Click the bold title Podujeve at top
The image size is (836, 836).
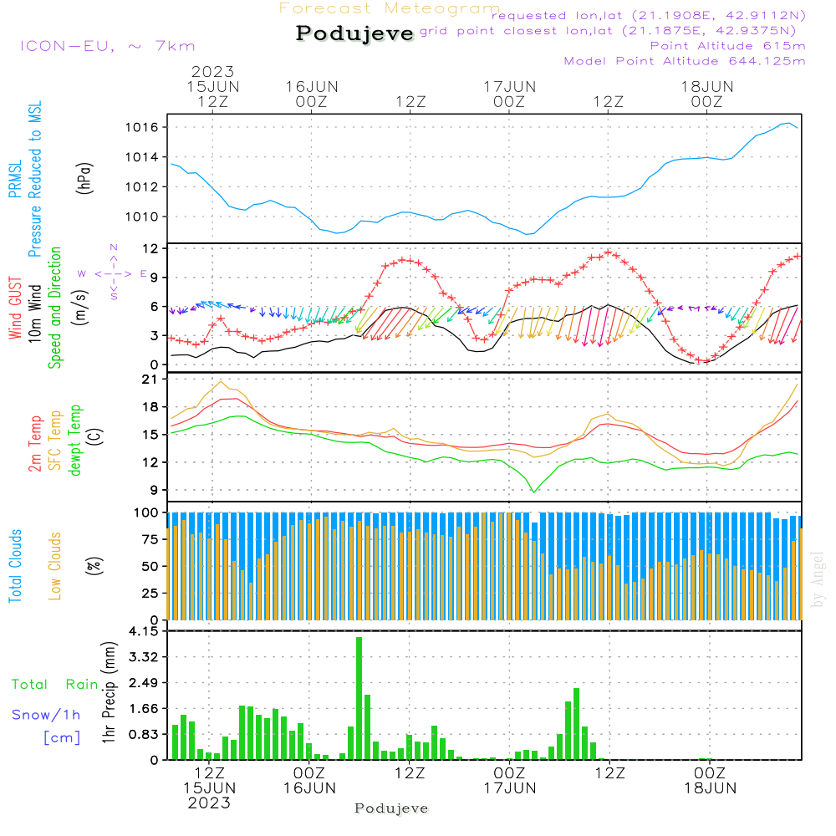point(355,33)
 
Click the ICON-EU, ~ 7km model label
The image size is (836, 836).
point(107,46)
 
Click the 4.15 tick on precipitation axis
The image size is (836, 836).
point(144,631)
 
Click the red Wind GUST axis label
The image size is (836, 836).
point(16,309)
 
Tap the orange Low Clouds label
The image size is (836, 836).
point(55,565)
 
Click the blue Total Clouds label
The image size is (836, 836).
point(16,565)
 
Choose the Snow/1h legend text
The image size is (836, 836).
point(47,715)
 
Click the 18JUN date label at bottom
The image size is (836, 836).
point(710,788)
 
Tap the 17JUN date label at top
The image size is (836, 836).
point(509,86)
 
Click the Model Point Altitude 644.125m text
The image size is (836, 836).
point(685,61)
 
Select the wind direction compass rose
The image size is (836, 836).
point(113,273)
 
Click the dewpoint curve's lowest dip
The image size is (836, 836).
point(534,492)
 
